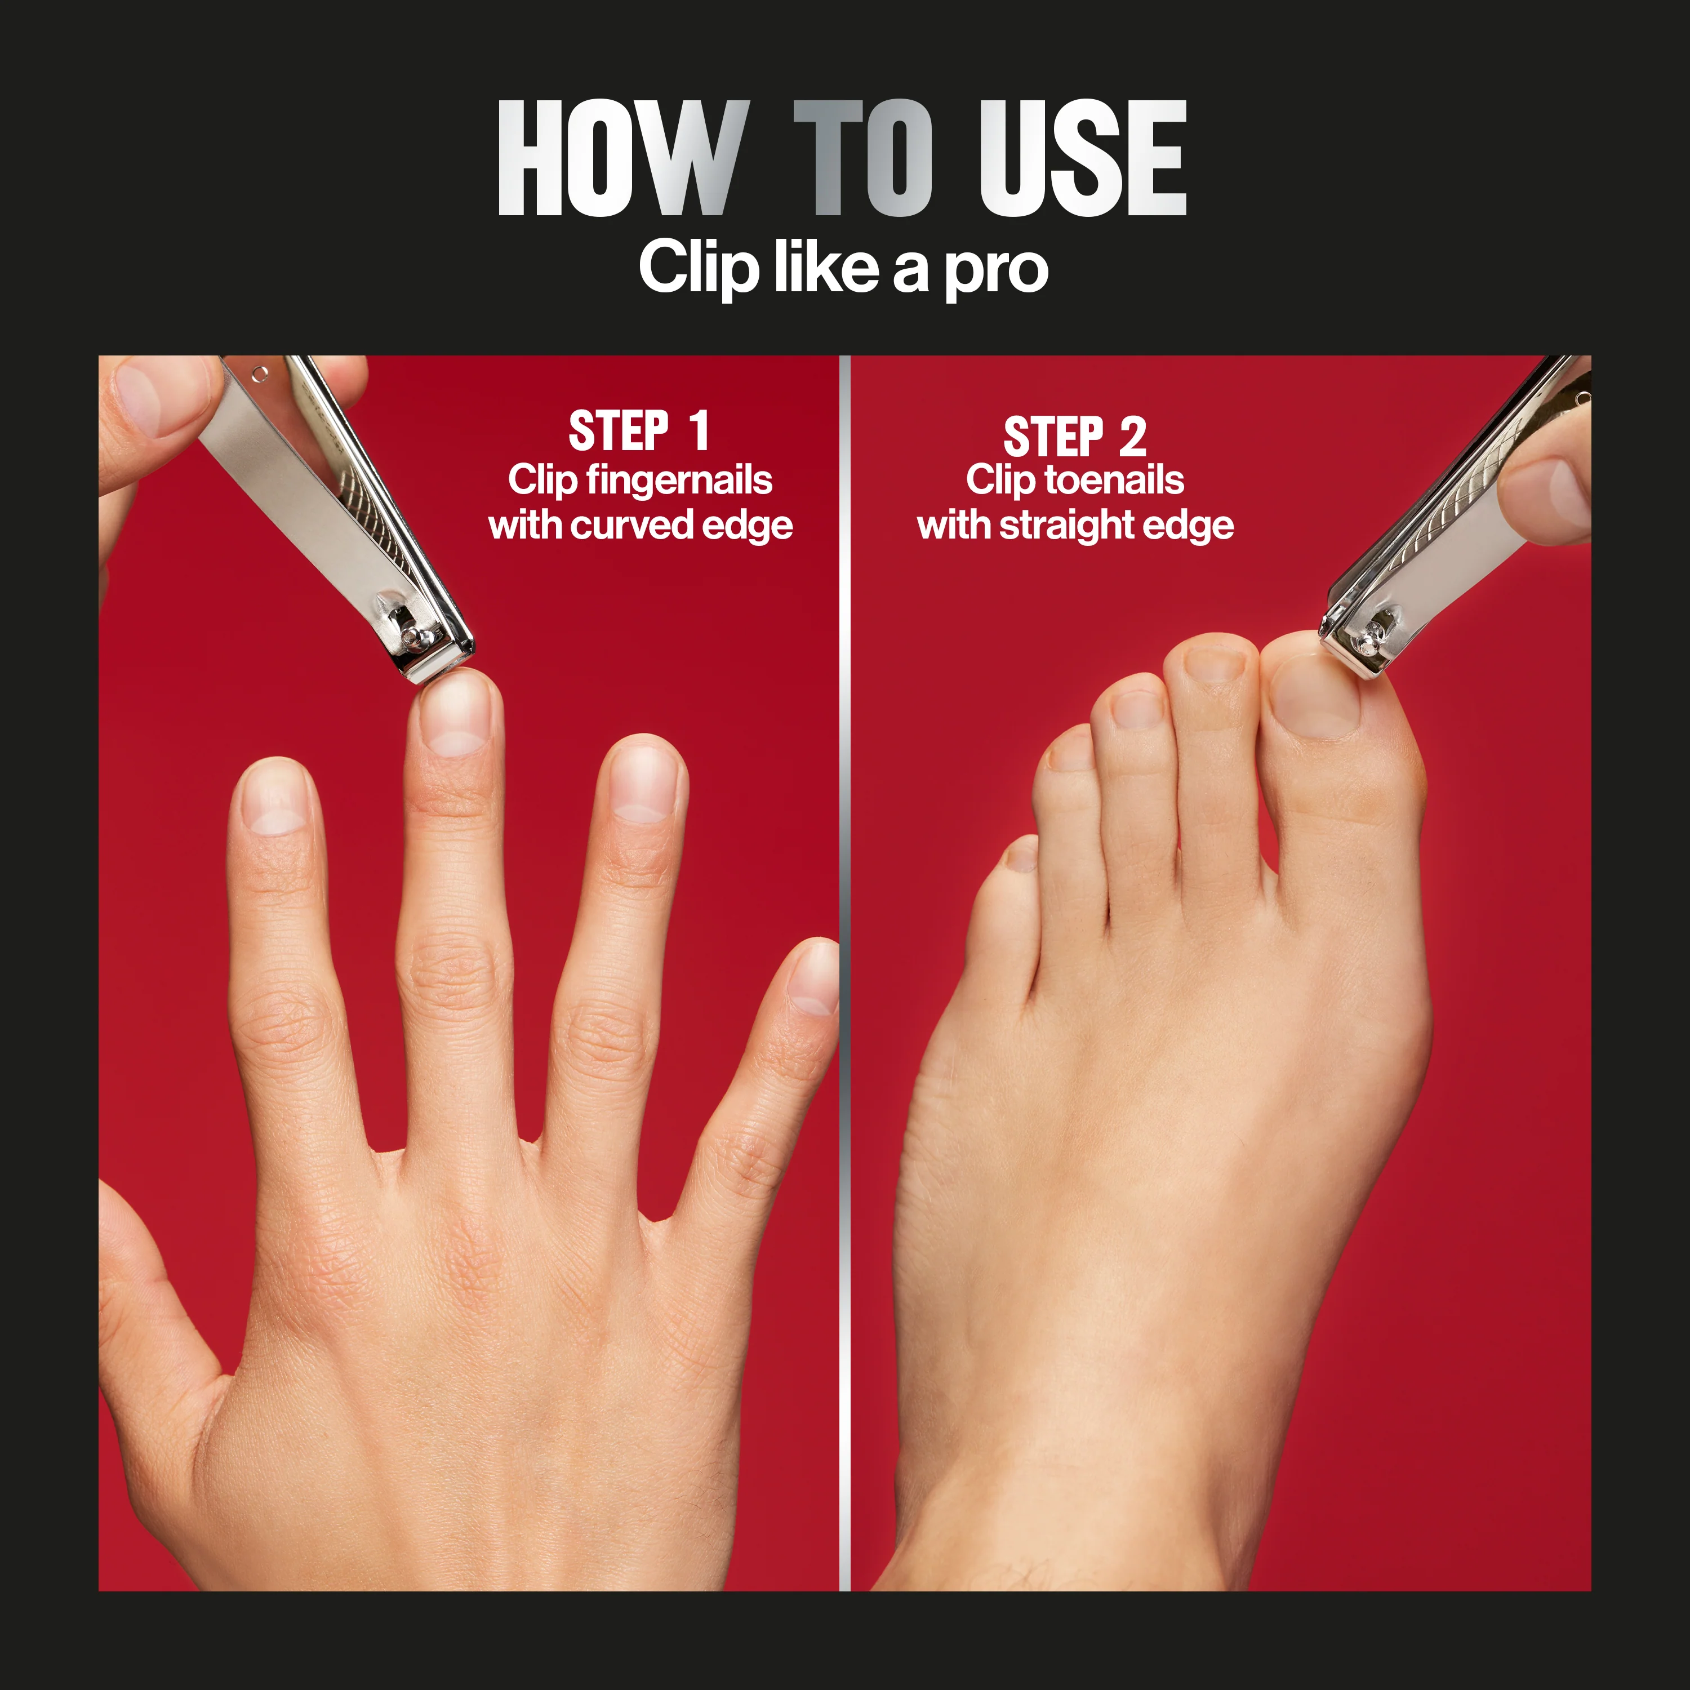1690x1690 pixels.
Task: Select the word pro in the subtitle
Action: (997, 271)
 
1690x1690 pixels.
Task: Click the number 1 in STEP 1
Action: (697, 432)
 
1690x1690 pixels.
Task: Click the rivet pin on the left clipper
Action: (413, 636)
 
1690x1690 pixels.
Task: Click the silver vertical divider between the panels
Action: (844, 962)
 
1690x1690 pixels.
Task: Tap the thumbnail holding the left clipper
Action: (140, 398)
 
